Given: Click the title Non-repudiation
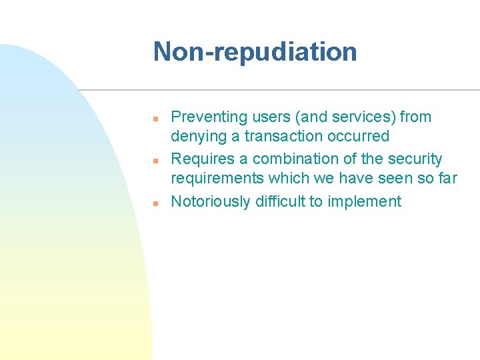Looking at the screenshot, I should point(255,52).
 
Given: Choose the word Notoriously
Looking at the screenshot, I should point(211,201).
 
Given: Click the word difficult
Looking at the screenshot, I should point(281,201).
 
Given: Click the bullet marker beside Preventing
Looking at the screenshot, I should point(154,118).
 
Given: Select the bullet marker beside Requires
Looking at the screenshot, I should point(154,160).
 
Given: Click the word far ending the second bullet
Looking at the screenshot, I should point(447,179).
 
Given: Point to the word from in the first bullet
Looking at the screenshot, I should point(417,117).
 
